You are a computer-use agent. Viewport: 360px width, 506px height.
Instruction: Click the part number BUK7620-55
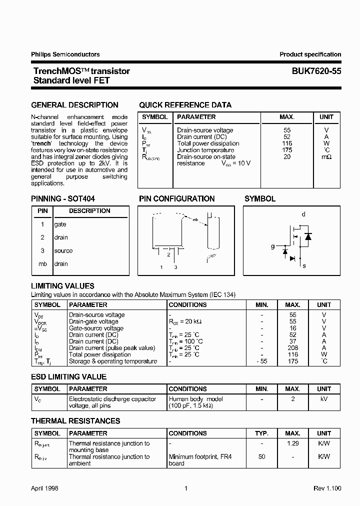[316, 71]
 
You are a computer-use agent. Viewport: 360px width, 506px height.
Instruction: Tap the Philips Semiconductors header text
[65, 54]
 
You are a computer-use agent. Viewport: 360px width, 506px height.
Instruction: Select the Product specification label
[310, 54]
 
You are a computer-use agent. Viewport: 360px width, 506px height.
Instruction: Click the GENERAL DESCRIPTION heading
[75, 105]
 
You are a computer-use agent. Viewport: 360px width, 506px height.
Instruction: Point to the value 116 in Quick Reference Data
[286, 143]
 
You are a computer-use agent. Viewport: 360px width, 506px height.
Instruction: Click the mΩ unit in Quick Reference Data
[326, 157]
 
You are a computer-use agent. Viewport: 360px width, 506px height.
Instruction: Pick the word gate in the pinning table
[60, 224]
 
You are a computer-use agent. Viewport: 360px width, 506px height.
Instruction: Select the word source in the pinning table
[63, 251]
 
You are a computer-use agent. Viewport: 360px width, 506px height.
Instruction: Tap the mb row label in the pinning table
[42, 264]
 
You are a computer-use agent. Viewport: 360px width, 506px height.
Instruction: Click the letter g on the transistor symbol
[272, 246]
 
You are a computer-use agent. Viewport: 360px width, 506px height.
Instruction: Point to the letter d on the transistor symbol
[303, 214]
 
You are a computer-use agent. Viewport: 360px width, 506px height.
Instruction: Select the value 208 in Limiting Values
[292, 348]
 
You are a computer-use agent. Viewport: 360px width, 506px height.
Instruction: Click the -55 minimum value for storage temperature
[261, 361]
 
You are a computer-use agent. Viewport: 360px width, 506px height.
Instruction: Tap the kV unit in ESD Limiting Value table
[324, 399]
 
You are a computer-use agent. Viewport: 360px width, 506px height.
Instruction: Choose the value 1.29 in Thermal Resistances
[292, 443]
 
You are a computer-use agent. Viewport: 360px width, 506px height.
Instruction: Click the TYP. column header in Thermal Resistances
[261, 433]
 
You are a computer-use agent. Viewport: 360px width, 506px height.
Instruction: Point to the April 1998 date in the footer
[45, 488]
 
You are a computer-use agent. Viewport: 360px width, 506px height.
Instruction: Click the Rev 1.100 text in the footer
[327, 488]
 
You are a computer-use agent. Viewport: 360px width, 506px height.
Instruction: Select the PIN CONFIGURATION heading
[176, 199]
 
